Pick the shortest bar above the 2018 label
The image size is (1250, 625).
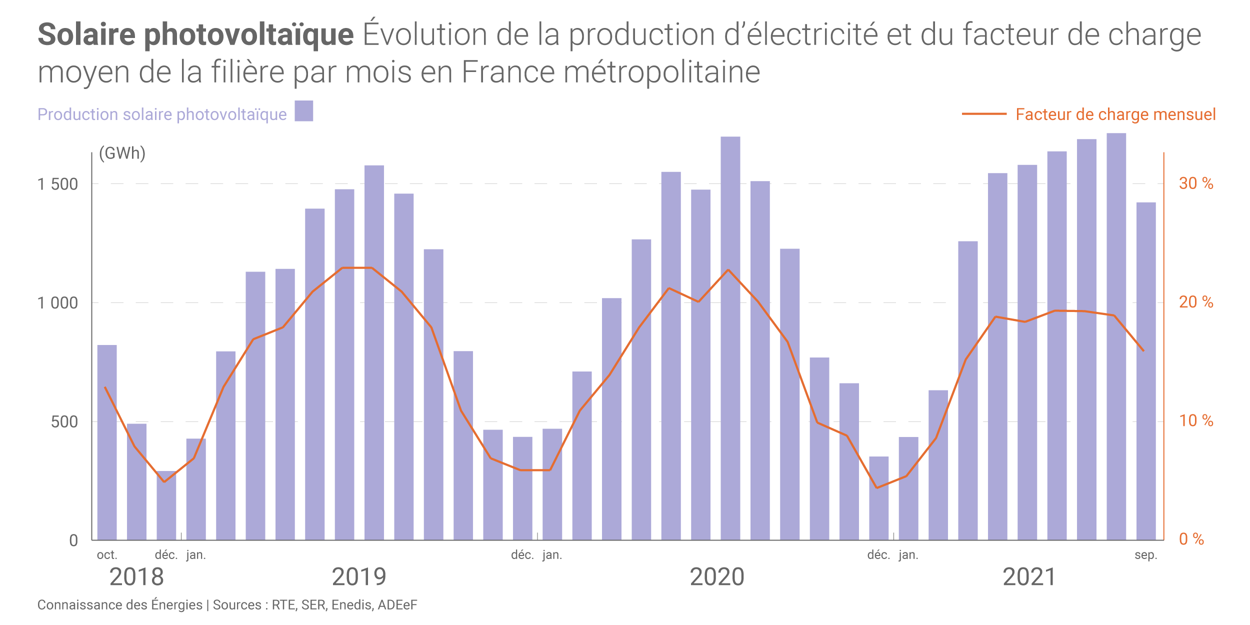(x=166, y=505)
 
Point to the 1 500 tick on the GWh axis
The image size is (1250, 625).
(x=58, y=184)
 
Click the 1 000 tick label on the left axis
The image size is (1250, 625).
(x=58, y=303)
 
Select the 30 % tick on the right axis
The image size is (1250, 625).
(x=1196, y=183)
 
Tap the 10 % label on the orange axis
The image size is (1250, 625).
(x=1196, y=421)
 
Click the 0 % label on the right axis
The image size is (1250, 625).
(x=1191, y=539)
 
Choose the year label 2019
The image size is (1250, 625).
(x=359, y=577)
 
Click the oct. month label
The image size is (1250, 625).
(x=107, y=555)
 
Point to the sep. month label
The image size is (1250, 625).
(x=1146, y=555)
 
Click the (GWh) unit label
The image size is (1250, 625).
(x=122, y=153)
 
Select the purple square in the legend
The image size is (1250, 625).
(x=303, y=111)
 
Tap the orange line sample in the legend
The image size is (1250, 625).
(x=984, y=114)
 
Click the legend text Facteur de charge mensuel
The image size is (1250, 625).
(x=1115, y=114)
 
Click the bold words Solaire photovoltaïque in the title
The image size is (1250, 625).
(x=195, y=34)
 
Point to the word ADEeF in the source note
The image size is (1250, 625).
(x=397, y=605)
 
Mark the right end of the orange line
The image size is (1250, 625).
(x=1143, y=350)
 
